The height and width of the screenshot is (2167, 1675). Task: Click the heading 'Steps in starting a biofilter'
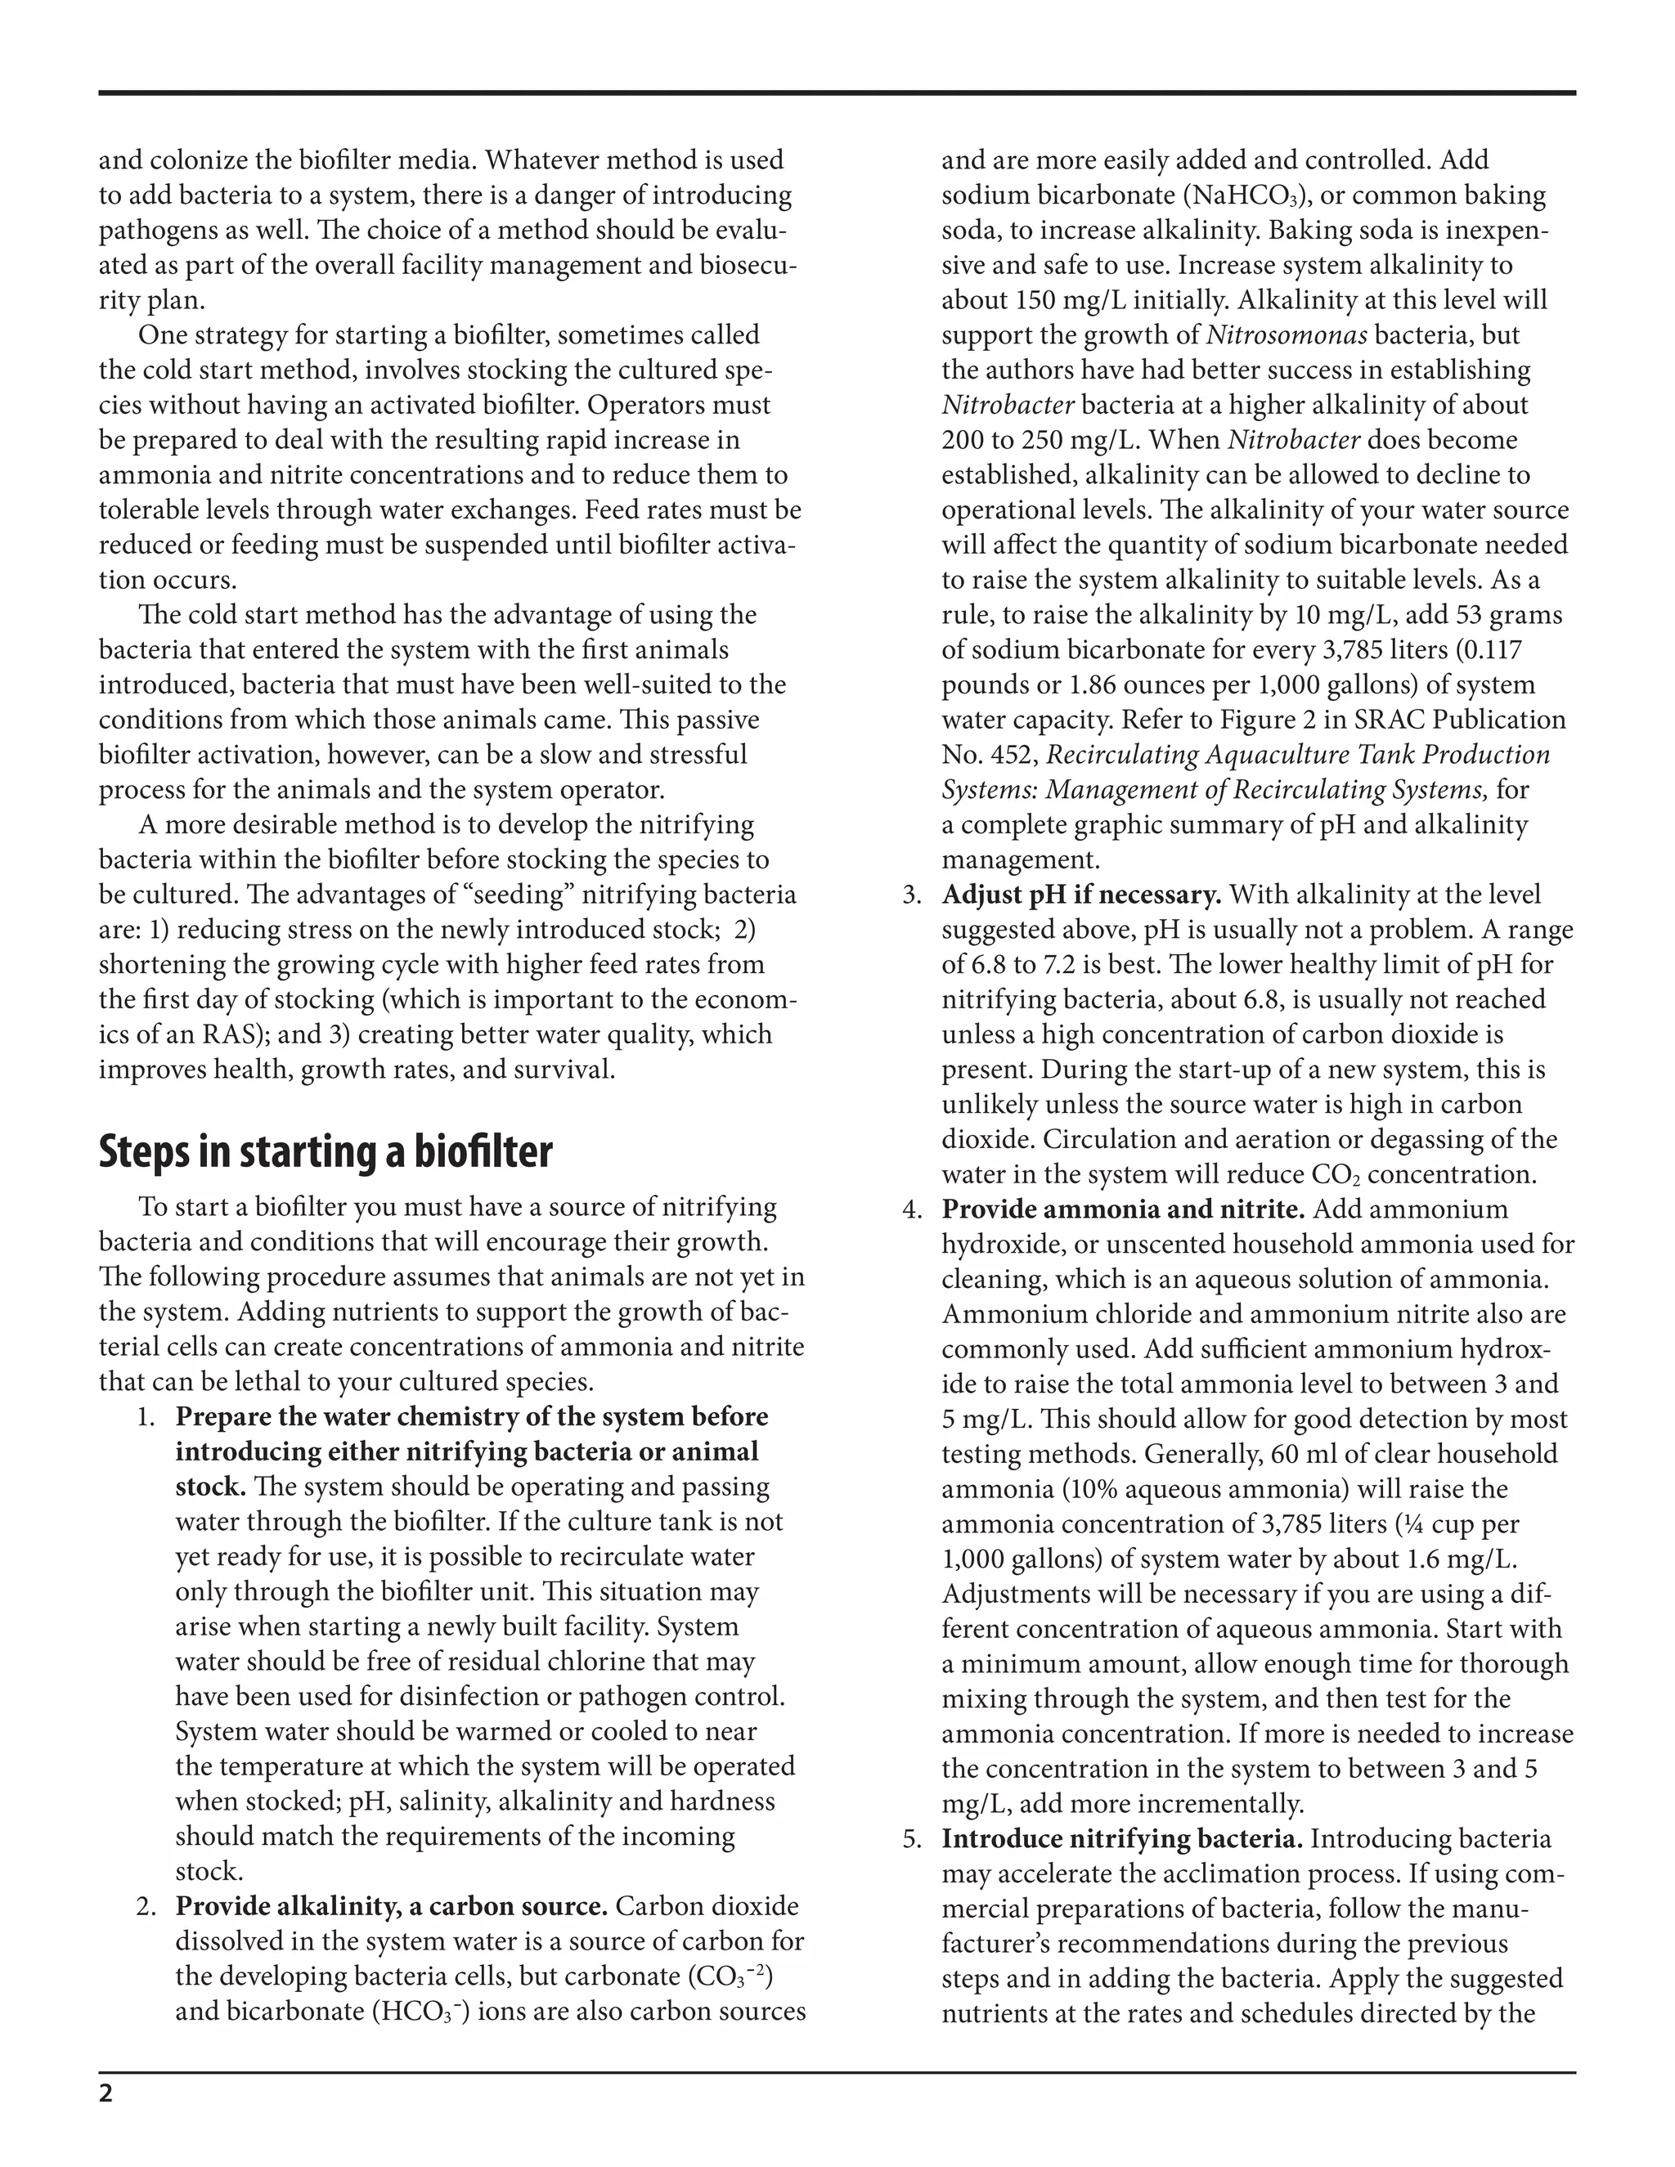(x=326, y=1151)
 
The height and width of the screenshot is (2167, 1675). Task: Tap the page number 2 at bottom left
(x=106, y=2094)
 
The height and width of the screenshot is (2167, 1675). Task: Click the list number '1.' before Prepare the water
(x=146, y=1417)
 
